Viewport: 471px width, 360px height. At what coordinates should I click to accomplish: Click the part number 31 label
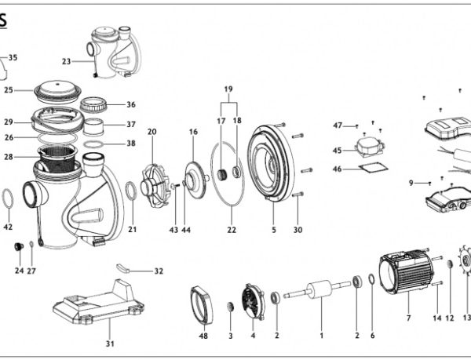point(110,344)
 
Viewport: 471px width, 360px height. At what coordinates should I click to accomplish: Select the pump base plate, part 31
point(99,303)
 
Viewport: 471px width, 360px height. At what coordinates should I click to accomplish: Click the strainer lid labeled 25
point(57,90)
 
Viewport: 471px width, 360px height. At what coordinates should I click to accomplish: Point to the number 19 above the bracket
point(228,89)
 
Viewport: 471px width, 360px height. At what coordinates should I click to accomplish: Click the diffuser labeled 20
point(154,186)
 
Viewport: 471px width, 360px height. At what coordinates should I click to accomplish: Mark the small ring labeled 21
point(130,191)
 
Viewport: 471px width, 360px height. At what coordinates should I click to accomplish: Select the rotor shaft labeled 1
point(317,289)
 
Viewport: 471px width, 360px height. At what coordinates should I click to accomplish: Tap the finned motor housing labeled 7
point(406,272)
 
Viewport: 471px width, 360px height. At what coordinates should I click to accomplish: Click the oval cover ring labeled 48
point(201,305)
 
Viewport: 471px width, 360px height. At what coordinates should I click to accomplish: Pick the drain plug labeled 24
point(19,246)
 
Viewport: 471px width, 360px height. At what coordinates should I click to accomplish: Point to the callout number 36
point(131,104)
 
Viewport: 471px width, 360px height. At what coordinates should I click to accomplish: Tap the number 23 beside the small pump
point(67,61)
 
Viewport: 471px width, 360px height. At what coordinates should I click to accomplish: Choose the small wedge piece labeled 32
point(122,268)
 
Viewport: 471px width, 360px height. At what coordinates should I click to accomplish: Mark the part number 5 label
point(274,230)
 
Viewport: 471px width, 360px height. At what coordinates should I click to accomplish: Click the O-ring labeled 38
point(93,144)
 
